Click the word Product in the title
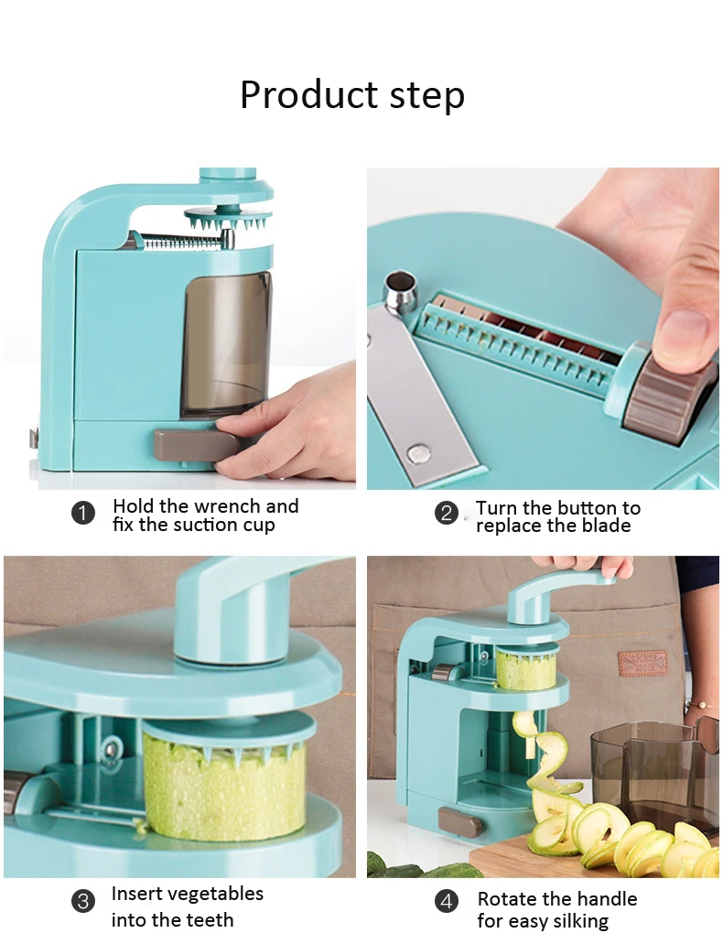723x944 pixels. tap(308, 95)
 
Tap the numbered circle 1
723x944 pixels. tap(83, 514)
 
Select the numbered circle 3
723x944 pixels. tap(83, 901)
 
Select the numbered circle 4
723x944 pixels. tap(446, 901)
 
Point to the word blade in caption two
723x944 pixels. tap(602, 526)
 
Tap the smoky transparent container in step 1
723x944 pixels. tap(226, 345)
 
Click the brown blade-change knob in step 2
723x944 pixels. tap(670, 394)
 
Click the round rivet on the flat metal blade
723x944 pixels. tap(417, 453)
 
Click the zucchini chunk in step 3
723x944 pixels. tap(224, 787)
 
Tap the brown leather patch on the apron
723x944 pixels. tap(642, 664)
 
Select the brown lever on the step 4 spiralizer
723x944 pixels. tap(460, 822)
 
